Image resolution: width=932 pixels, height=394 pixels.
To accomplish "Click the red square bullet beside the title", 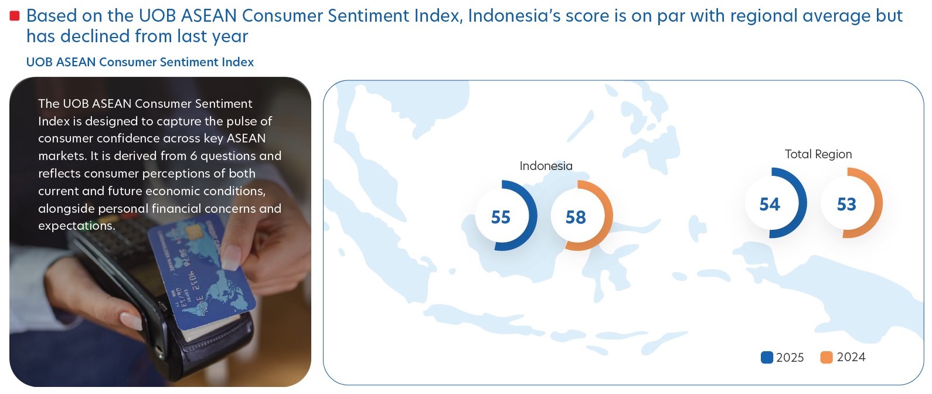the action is click(15, 16).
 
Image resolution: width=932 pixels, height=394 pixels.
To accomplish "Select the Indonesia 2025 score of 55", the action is click(501, 217).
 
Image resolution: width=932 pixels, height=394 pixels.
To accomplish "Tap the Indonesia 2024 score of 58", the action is click(576, 217).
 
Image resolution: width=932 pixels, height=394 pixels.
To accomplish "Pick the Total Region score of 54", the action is click(770, 204).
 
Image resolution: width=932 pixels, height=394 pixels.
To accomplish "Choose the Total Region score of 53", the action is click(846, 204).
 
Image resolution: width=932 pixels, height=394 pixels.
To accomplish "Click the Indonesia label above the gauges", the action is click(546, 166).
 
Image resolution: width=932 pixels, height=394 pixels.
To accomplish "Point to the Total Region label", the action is click(818, 154).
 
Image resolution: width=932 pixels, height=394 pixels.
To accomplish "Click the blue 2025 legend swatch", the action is click(767, 358).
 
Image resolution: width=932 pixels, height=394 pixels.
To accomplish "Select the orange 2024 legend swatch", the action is click(826, 358).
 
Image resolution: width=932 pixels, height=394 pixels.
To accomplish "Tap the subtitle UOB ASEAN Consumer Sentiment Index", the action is click(140, 62).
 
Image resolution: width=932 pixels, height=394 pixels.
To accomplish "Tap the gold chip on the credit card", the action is click(193, 232).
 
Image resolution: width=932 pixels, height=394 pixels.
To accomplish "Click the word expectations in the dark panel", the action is click(77, 226).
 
